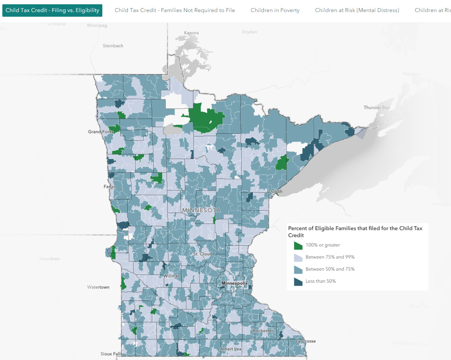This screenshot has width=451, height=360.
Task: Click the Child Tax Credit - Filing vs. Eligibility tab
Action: pyautogui.click(x=52, y=10)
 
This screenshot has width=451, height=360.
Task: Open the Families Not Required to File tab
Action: pyautogui.click(x=175, y=10)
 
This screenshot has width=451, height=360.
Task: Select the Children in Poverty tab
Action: pyautogui.click(x=275, y=10)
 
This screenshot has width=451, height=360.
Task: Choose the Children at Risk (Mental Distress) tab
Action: pyautogui.click(x=357, y=10)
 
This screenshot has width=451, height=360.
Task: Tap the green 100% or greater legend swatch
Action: pyautogui.click(x=298, y=245)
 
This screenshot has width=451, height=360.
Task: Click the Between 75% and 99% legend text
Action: pyautogui.click(x=330, y=257)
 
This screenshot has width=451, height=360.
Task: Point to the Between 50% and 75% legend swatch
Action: pyautogui.click(x=298, y=269)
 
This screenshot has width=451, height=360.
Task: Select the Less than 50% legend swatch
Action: pyautogui.click(x=298, y=281)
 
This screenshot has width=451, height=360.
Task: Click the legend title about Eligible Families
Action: pyautogui.click(x=355, y=232)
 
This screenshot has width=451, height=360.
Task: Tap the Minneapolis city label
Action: pyautogui.click(x=234, y=283)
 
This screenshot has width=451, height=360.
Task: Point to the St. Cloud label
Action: pyautogui.click(x=203, y=254)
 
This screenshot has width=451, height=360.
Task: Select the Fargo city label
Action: pyautogui.click(x=109, y=187)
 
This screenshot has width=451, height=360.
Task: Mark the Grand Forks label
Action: pyautogui.click(x=100, y=132)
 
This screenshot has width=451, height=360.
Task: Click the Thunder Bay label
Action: pyautogui.click(x=376, y=107)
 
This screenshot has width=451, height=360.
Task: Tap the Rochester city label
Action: pyautogui.click(x=263, y=330)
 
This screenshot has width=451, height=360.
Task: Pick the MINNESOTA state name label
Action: pyautogui.click(x=201, y=210)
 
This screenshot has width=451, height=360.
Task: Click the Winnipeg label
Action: pyautogui.click(x=97, y=26)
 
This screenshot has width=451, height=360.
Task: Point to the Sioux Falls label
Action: pyautogui.click(x=112, y=354)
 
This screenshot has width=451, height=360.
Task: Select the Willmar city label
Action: pyautogui.click(x=171, y=276)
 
